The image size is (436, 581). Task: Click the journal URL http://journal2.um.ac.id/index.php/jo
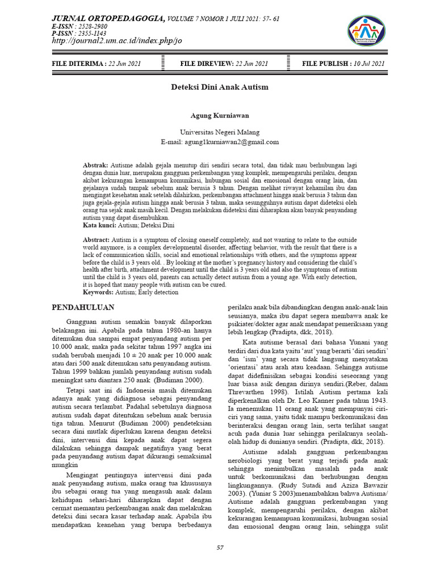[116, 41]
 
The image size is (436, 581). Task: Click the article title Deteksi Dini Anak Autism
[220, 87]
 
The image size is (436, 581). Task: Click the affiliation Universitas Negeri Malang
[220, 132]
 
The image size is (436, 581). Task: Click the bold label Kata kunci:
[100, 225]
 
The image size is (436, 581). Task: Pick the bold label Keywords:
[99, 292]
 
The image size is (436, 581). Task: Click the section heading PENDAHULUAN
[83, 307]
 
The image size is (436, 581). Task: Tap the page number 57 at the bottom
[220, 547]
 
